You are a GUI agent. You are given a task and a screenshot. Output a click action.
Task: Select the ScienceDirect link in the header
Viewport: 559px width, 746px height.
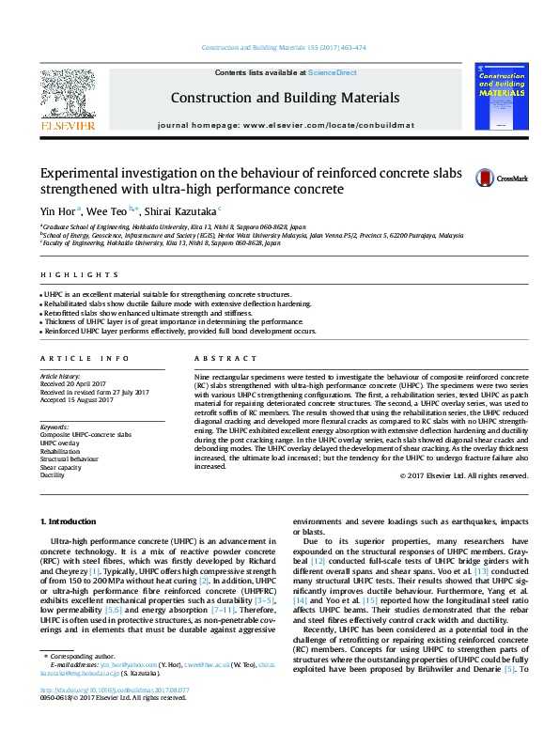click(333, 73)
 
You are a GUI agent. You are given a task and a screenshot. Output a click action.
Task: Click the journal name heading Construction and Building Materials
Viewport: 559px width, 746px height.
click(285, 98)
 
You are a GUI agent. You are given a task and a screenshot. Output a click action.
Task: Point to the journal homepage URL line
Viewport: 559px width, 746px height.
click(285, 124)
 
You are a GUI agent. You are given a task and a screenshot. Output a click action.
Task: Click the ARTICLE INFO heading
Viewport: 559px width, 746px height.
click(72, 359)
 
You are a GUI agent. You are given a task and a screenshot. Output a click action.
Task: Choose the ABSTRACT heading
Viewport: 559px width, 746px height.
click(219, 359)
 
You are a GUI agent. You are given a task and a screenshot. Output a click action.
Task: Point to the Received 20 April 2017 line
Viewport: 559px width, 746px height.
click(72, 383)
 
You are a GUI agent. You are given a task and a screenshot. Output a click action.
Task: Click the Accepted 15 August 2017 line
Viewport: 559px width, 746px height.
click(76, 398)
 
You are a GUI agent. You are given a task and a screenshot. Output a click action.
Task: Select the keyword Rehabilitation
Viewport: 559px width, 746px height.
click(61, 451)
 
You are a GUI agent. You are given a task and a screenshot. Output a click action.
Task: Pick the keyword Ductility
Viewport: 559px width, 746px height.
click(53, 475)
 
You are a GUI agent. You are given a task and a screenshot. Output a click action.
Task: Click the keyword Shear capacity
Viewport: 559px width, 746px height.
click(60, 467)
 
